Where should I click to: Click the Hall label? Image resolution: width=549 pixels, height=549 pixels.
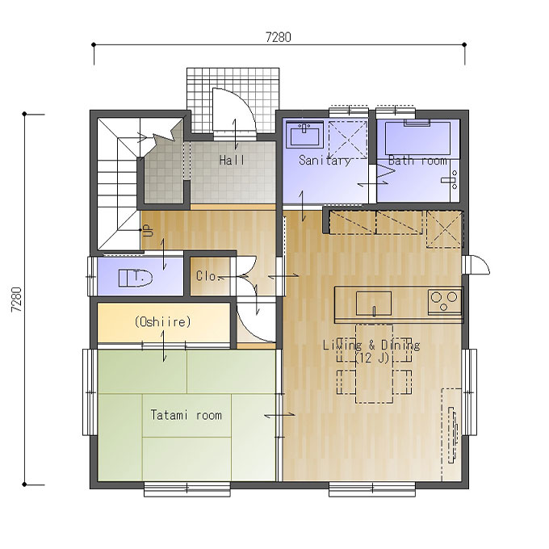(232, 160)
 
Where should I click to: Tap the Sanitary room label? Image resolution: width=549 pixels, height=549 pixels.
(325, 161)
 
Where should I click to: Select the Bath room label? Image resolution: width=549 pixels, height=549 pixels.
(417, 161)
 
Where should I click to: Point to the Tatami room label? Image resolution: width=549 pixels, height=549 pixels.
(186, 415)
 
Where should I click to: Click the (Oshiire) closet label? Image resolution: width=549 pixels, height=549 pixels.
(163, 321)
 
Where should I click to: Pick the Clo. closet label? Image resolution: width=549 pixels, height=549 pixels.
(207, 276)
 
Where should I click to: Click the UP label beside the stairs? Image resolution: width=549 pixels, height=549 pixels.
(149, 230)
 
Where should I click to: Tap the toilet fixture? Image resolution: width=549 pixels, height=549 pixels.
(136, 278)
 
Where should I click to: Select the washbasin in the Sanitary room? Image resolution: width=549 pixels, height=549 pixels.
(304, 135)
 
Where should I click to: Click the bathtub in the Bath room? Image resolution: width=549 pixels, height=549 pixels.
(417, 138)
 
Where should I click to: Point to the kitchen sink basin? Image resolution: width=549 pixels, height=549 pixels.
(374, 304)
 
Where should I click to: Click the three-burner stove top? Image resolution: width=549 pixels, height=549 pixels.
(444, 301)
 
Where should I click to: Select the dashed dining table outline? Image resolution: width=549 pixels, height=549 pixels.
(375, 364)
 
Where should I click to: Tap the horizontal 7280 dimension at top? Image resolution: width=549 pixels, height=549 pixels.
(279, 37)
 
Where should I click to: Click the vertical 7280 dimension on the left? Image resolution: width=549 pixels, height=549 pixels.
(16, 300)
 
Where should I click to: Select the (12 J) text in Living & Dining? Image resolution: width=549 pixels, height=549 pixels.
(372, 358)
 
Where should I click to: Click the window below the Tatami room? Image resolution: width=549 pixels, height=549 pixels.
(187, 488)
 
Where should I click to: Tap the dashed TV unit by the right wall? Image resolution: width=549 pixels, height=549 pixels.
(451, 434)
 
